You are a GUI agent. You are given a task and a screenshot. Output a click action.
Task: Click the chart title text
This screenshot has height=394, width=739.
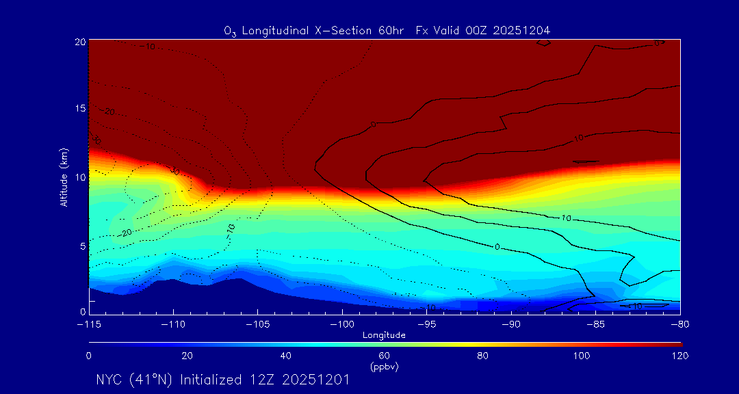point(387,31)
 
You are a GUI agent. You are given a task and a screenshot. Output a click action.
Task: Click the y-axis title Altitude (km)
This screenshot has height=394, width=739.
point(64,177)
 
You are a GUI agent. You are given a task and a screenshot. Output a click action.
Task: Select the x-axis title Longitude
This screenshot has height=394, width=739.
point(385,335)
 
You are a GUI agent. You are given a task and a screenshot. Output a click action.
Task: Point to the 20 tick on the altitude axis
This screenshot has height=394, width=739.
point(80,42)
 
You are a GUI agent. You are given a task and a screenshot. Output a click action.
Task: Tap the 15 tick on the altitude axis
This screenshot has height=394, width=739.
point(80,109)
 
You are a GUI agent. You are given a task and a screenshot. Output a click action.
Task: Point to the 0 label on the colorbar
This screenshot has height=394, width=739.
point(89,356)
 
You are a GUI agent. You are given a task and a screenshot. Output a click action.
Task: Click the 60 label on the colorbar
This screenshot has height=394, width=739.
point(385,356)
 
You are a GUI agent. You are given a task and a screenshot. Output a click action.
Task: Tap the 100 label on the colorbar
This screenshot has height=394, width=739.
point(581,356)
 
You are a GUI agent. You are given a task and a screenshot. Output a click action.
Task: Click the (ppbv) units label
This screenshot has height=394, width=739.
point(385,367)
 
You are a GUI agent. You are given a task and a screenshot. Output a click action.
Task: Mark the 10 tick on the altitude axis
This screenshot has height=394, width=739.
point(80,177)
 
